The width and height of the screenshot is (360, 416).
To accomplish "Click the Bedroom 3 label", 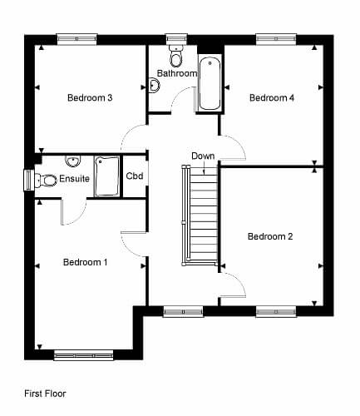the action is (x=90, y=97).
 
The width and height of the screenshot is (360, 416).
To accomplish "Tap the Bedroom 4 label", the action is (x=272, y=97).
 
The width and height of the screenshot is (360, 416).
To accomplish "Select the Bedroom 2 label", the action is (x=270, y=236).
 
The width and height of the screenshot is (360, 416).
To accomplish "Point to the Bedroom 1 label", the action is (x=85, y=262).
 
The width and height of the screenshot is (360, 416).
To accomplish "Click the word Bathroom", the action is (x=177, y=73).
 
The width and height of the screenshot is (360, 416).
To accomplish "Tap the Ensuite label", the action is (x=74, y=178).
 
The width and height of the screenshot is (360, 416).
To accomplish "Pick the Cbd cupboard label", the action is (x=135, y=176).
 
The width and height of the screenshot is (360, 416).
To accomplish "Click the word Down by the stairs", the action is (x=203, y=156).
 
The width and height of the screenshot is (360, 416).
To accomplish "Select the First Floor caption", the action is (x=45, y=394).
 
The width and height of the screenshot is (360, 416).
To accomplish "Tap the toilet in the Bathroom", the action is (x=175, y=56).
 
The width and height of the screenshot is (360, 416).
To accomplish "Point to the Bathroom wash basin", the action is (x=154, y=85).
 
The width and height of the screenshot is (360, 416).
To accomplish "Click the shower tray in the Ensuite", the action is (x=107, y=176).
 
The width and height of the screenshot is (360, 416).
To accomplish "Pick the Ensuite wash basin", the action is (x=73, y=161).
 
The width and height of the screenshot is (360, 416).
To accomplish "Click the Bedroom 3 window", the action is (x=76, y=39).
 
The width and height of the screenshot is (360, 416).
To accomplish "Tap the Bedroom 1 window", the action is (x=83, y=355).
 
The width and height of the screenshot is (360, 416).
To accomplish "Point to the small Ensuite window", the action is (x=29, y=181).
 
